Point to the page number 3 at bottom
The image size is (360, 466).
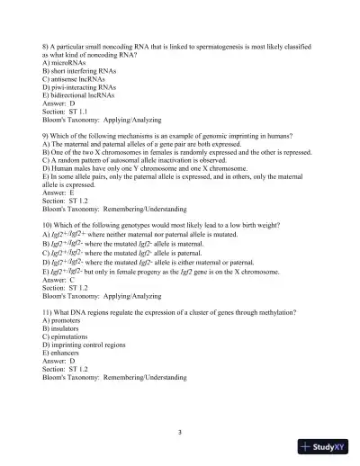point(180,433)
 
